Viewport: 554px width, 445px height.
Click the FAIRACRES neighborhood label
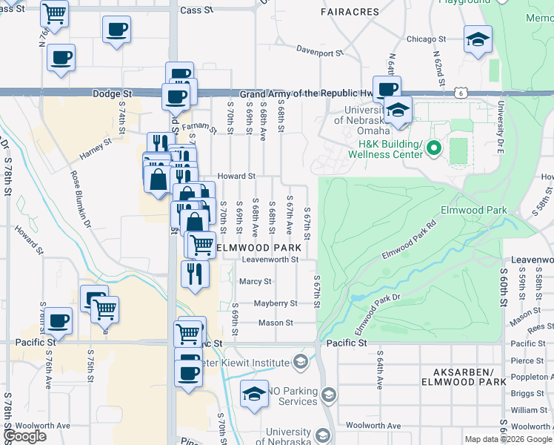[350, 12]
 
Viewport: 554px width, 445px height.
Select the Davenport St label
[320, 53]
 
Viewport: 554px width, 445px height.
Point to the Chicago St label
[426, 39]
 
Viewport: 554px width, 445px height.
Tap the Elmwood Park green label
[473, 211]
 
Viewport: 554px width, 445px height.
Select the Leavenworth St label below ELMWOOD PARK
[270, 260]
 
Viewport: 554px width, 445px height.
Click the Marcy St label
[256, 281]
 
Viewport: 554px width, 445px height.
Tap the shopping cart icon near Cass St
[54, 13]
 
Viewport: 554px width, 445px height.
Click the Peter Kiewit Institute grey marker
[300, 363]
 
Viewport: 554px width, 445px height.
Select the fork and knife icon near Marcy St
[196, 274]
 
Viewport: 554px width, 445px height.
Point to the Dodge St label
[112, 94]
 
